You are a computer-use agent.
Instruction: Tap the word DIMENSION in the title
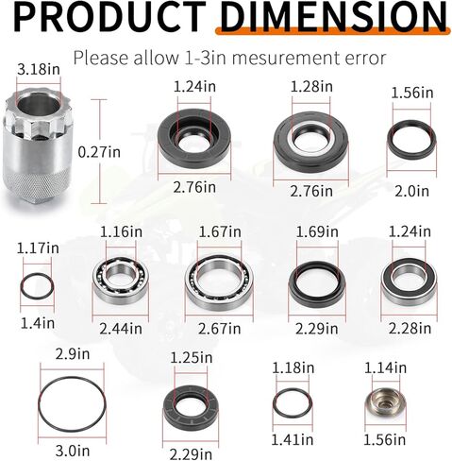(x=333, y=16)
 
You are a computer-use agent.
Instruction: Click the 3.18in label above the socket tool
(x=39, y=69)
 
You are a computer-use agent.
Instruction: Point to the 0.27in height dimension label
(x=99, y=152)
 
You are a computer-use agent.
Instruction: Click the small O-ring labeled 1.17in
(x=37, y=286)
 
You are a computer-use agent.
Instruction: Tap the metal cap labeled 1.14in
(x=385, y=403)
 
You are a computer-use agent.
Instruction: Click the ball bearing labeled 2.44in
(x=121, y=281)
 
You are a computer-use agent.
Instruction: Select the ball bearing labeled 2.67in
(x=219, y=282)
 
